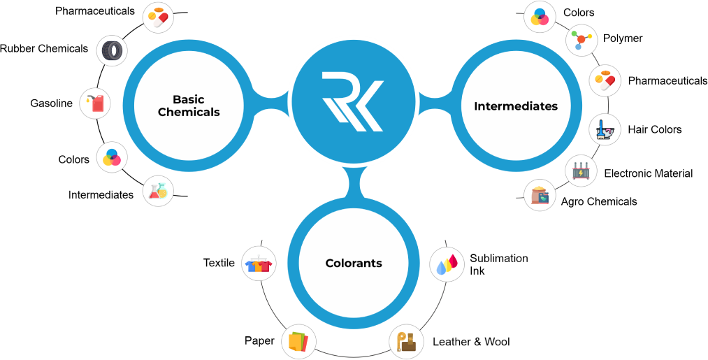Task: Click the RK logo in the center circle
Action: coord(353,101)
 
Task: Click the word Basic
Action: coord(189,99)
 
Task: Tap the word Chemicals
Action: coord(189,112)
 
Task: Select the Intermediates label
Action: coord(516,106)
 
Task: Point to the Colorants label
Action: coord(354,264)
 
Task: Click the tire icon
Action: coord(112,50)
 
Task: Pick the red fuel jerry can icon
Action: coord(96,103)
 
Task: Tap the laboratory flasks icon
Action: coord(158,191)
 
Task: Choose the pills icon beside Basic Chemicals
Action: coord(158,17)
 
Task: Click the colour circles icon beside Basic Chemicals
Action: coord(111,157)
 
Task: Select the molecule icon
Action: coord(581,39)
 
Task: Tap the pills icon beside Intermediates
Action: coord(605,81)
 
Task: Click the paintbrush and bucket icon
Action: coord(605,129)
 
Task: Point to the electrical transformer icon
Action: coord(581,171)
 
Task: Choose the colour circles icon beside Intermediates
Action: coord(540,17)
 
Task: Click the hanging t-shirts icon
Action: coord(259,264)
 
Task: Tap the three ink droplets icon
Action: coord(447,264)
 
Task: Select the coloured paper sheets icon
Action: coord(298,342)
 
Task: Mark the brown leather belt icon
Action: coord(407,342)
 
